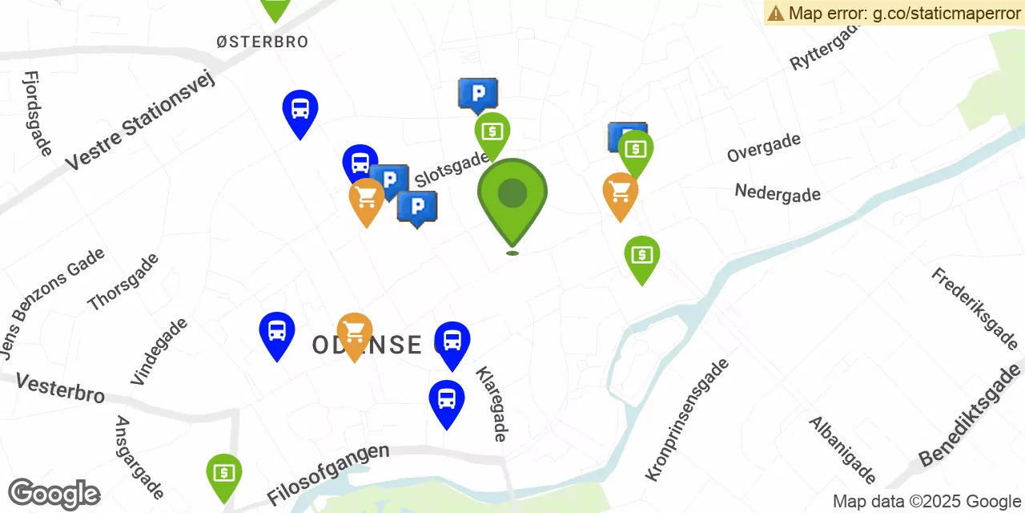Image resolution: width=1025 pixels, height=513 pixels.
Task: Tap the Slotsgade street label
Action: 451,170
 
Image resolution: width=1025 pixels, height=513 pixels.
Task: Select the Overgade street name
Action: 763,147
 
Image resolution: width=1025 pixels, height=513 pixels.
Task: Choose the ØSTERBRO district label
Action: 262,42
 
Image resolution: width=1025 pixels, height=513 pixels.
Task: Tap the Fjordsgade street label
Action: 38,113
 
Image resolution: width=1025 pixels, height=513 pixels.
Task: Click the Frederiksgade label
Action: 974,309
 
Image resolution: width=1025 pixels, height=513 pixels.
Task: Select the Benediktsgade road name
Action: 971,415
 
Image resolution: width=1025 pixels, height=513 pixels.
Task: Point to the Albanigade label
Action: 842,450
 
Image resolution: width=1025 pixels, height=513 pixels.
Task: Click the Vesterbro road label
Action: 61,388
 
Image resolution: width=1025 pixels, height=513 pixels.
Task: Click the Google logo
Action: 54,494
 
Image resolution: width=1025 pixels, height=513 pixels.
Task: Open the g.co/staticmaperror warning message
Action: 894,13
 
